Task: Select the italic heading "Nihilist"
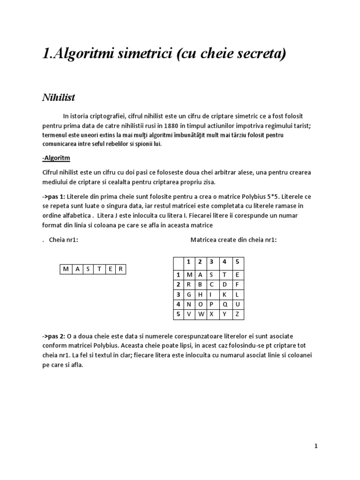(59, 98)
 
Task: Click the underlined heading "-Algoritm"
(56, 158)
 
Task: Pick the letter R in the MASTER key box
(121, 269)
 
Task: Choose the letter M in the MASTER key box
(65, 269)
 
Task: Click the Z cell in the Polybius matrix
(237, 314)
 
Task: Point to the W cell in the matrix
(200, 314)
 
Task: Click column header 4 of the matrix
(225, 262)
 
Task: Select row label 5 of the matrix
(178, 314)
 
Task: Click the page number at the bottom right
(316, 446)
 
